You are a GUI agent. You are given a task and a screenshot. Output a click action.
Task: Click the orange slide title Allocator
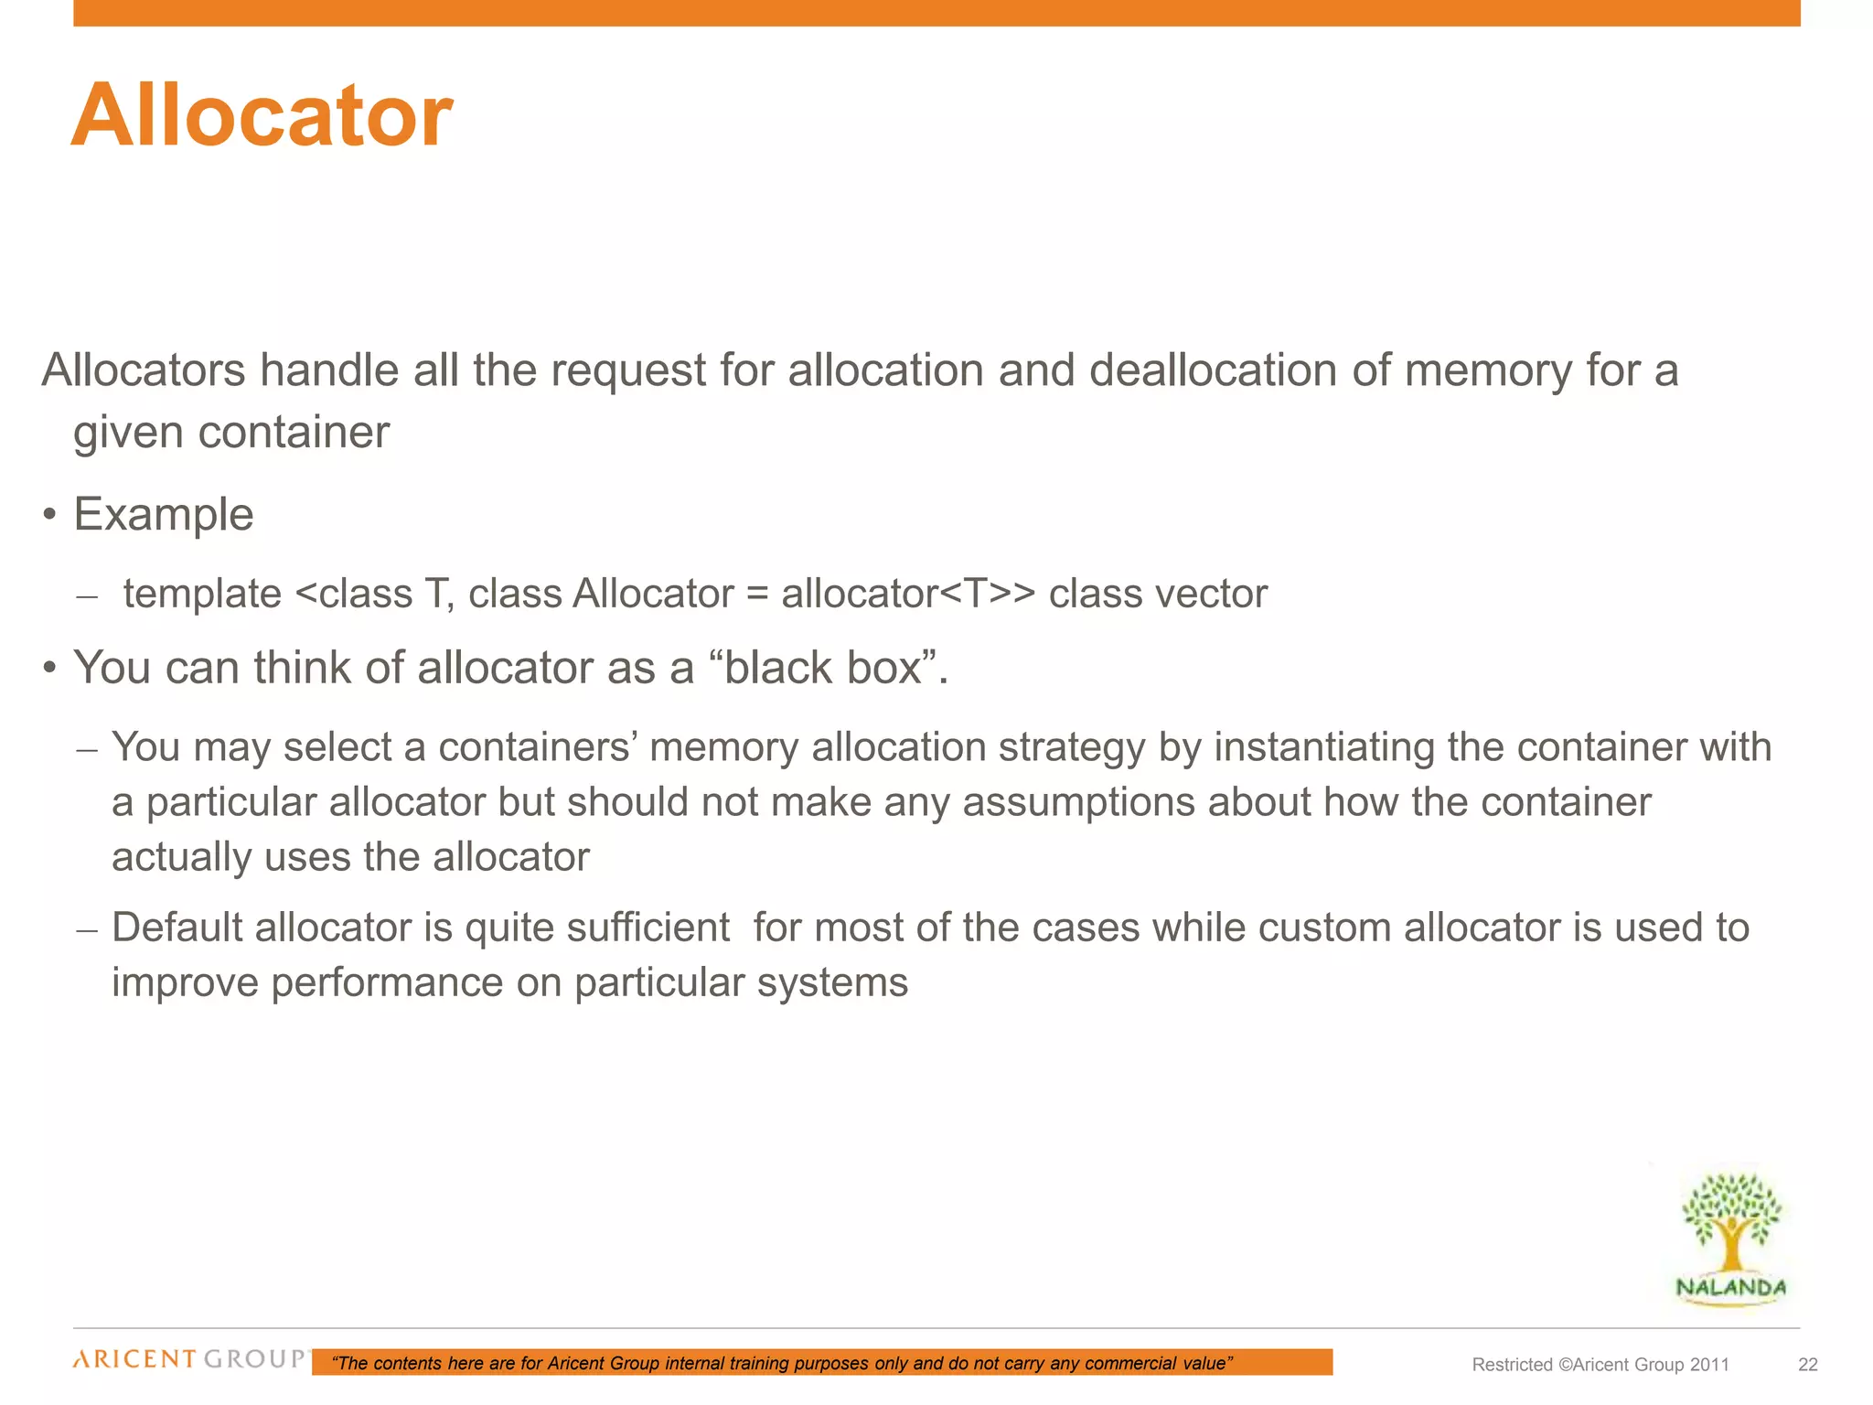tap(262, 116)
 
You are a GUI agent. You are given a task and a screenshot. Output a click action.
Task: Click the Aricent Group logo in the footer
tap(190, 1359)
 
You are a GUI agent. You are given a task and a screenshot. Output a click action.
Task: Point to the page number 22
tap(1807, 1365)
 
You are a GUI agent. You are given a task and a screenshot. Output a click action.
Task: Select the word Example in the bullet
tap(164, 514)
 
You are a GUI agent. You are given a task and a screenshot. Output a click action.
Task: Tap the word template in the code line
tap(202, 594)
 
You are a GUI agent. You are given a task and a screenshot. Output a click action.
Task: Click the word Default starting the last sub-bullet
tap(177, 928)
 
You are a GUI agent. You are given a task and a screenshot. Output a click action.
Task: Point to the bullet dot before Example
tap(49, 515)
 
